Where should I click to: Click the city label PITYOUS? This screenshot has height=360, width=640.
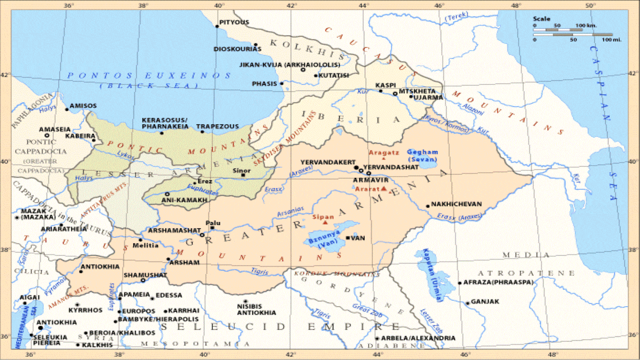[x=235, y=22]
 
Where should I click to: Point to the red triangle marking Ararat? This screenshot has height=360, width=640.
[x=383, y=189]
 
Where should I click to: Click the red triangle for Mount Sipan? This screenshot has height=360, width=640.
[x=325, y=222]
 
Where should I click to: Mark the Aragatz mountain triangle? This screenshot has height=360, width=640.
[x=384, y=158]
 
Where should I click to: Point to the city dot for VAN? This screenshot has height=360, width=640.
[x=348, y=238]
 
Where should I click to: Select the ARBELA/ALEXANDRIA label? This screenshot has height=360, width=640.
[x=419, y=338]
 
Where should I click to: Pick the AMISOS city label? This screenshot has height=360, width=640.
[x=83, y=106]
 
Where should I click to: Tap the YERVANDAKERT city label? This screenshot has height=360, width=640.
[x=326, y=161]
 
